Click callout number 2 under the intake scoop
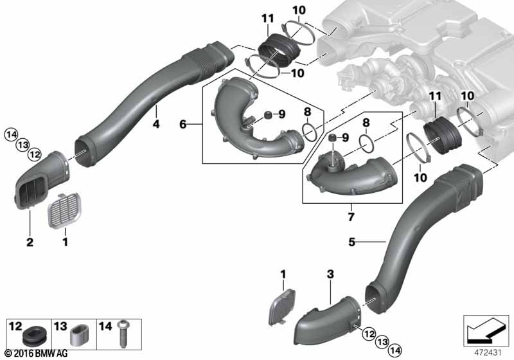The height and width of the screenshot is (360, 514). pos(29,242)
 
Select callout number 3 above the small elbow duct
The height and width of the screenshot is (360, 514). pos(330,274)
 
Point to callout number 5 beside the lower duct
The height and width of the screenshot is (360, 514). pos(351,242)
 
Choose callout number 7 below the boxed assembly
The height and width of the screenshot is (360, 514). pos(351,217)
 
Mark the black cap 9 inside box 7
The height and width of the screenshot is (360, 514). pos(332,139)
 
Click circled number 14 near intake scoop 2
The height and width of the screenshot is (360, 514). pos(10,134)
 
